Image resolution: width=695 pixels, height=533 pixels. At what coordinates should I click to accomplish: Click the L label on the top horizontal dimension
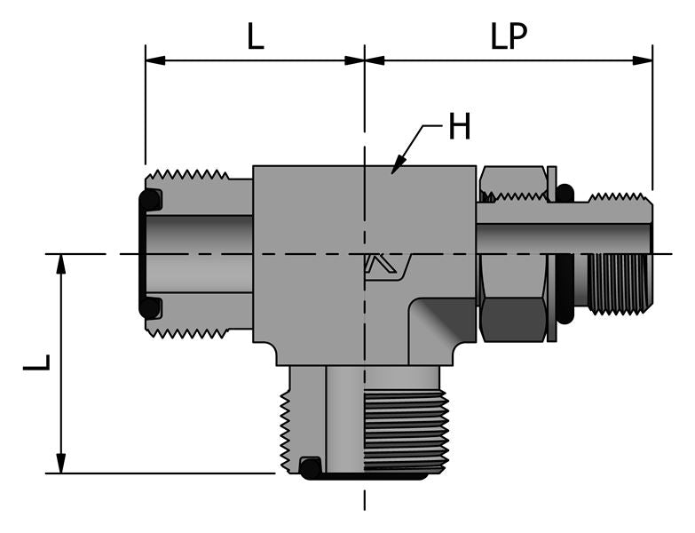pos(256,36)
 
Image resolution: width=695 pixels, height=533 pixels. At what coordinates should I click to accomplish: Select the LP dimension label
pos(509,36)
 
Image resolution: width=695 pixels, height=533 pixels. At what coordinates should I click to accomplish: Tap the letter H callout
pos(458,128)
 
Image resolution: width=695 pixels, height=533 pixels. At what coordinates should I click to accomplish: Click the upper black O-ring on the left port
pos(152,201)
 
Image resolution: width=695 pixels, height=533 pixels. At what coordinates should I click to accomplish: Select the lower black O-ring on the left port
pos(152,307)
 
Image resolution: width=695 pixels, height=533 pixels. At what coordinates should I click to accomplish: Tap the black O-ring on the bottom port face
pos(310,466)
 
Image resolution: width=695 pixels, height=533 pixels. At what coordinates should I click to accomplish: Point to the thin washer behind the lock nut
pos(552,253)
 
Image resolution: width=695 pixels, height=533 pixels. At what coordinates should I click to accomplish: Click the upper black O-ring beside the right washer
pos(565,193)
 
